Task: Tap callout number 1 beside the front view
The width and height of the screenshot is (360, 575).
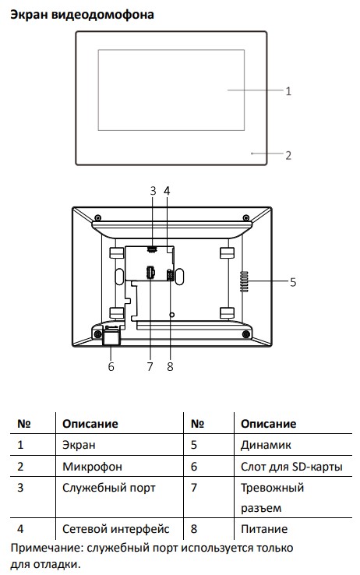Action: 288,91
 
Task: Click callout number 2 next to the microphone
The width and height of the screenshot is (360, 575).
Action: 288,156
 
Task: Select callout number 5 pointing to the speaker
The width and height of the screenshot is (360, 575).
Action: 293,282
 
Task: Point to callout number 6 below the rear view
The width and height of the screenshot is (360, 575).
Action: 111,366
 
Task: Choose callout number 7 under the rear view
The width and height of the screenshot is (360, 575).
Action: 150,366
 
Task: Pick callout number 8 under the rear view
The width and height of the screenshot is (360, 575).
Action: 170,366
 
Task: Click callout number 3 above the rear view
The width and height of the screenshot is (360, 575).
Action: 153,191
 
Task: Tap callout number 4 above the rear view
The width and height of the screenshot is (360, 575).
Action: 167,191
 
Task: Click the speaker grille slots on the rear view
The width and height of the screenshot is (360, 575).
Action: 244,281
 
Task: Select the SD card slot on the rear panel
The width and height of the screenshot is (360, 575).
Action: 111,335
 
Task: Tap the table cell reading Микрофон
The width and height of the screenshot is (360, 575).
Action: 92,467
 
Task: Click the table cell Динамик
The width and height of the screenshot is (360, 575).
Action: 266,445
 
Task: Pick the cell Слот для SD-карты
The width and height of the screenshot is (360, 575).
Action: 291,467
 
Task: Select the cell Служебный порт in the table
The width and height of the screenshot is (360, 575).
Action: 109,488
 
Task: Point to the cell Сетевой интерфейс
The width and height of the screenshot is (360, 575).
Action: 116,529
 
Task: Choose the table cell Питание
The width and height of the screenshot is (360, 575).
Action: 264,529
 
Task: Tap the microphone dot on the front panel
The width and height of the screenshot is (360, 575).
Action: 252,153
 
